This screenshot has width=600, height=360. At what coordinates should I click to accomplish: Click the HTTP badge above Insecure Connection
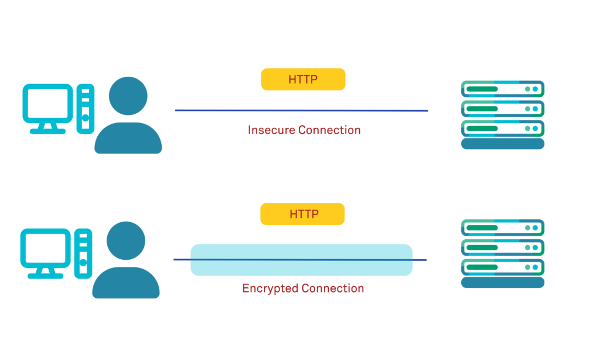coord(303,80)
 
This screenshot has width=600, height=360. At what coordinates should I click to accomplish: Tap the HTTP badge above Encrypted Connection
coord(302,214)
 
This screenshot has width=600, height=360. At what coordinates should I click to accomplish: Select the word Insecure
coord(271,130)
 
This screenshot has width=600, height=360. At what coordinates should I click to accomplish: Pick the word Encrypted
coord(270,288)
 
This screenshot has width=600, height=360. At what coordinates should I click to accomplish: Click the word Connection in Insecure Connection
coord(329,130)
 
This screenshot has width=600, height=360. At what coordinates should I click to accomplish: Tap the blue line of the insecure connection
coord(301,110)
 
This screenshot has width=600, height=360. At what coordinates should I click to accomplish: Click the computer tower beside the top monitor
coord(86,109)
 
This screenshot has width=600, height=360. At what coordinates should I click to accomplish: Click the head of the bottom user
coord(126,241)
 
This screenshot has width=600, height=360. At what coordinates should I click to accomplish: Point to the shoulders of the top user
coord(128,139)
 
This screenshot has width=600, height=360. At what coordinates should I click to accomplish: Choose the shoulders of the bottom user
coord(126,284)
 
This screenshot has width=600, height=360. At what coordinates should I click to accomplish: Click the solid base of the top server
coord(503,144)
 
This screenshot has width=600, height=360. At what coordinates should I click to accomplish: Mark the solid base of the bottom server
coord(503,283)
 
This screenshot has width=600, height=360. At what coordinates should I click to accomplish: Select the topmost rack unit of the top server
coord(503,89)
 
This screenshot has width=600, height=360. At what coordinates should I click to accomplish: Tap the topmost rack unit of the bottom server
coord(503,227)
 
